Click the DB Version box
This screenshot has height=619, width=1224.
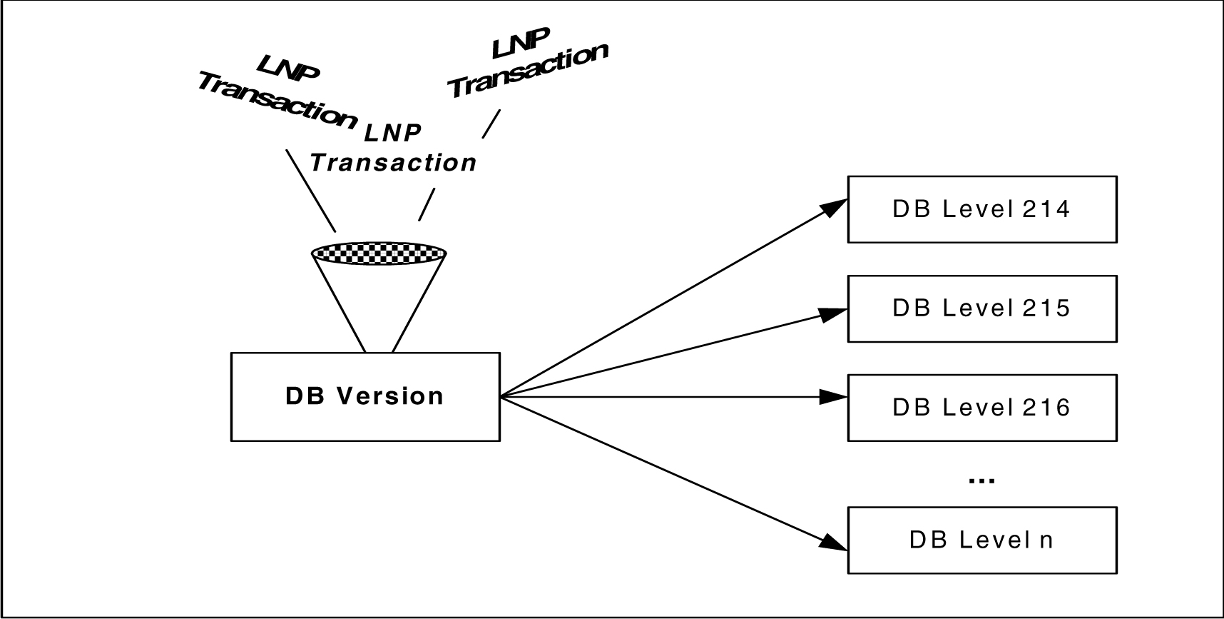364,396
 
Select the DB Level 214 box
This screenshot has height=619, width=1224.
981,209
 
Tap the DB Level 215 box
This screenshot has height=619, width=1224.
981,308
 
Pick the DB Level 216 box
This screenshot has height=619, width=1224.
981,408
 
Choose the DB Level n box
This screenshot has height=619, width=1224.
981,540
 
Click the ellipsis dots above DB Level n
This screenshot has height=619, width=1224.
981,480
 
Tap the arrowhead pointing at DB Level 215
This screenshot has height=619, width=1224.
832,313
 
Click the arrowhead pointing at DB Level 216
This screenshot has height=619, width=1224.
832,397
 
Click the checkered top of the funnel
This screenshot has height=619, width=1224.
379,253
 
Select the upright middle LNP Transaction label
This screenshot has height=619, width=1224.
393,149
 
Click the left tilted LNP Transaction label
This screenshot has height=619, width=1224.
277,96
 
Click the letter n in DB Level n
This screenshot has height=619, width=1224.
1046,540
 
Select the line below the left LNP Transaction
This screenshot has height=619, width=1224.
310,190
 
